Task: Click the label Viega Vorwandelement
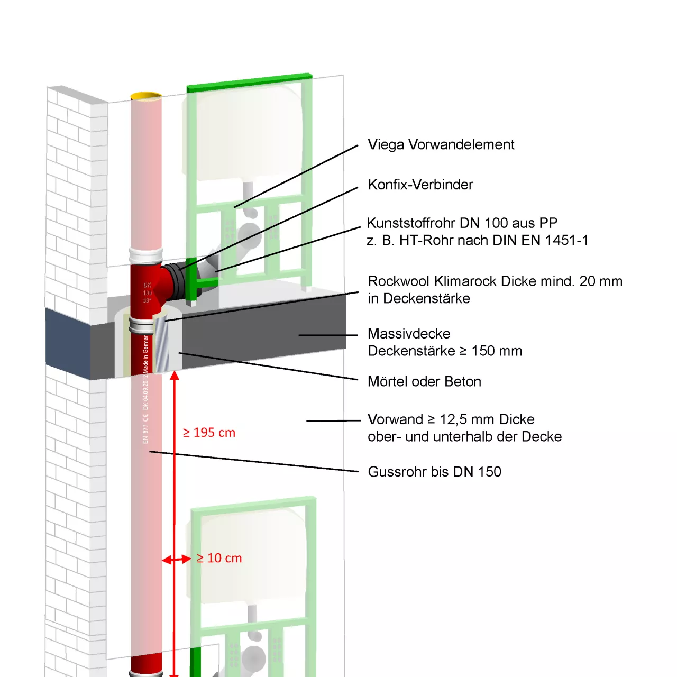[441, 145]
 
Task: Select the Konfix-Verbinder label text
[420, 185]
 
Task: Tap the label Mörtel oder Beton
[424, 382]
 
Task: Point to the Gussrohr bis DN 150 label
[434, 472]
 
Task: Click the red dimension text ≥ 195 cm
[209, 433]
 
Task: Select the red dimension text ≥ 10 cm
[219, 558]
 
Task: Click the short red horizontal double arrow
[177, 559]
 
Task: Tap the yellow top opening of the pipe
[146, 96]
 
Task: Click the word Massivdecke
[409, 334]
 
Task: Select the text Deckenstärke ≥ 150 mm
[445, 351]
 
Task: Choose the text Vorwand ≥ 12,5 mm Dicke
[451, 419]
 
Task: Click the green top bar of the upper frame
[249, 83]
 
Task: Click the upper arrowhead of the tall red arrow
[175, 376]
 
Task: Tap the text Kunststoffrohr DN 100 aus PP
[462, 223]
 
